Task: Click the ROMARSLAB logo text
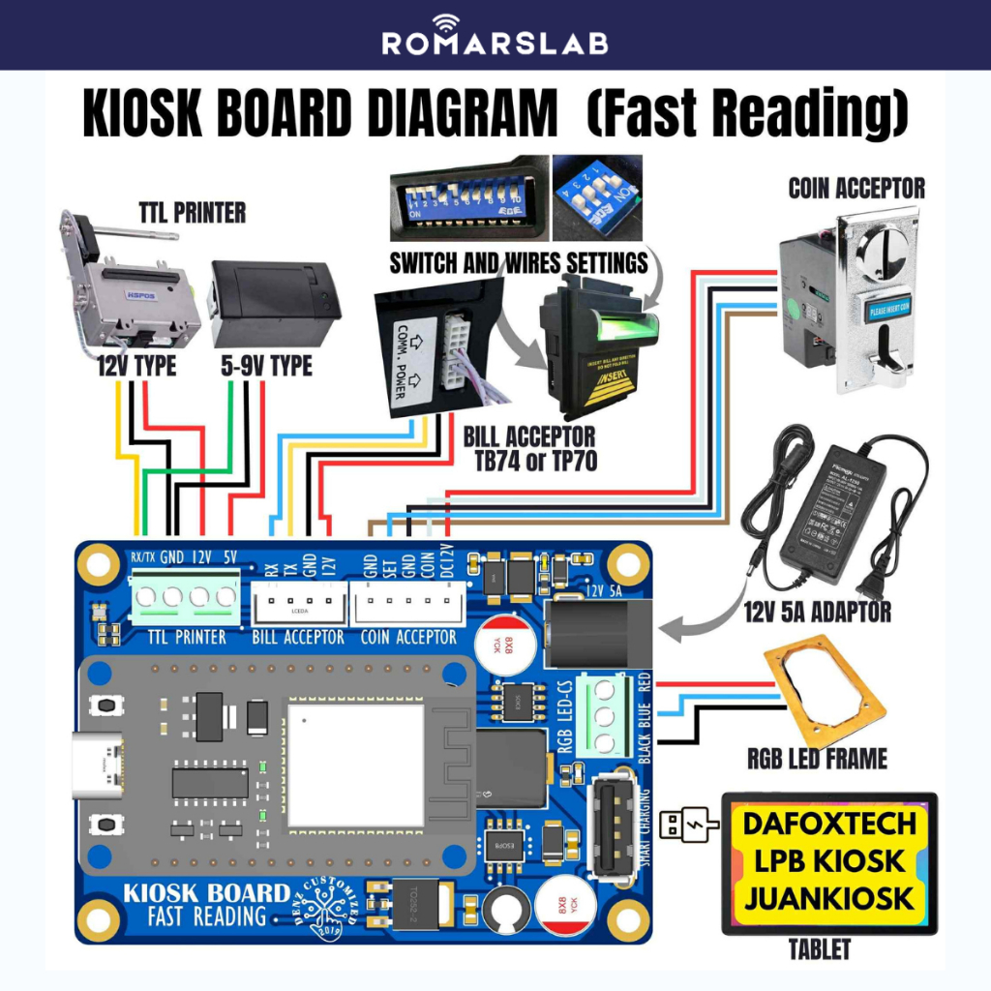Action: coord(495,43)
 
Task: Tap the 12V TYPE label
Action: coord(136,366)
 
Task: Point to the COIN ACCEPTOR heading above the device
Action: coord(856,188)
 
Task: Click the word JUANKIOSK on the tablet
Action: coord(829,898)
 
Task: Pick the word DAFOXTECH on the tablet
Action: coord(829,824)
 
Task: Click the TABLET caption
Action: coord(819,950)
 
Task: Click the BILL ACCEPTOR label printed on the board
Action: coord(298,637)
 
